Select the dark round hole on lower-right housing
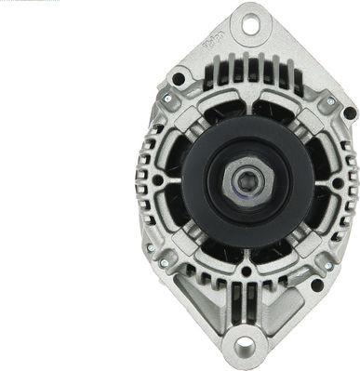pos(317,285)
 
